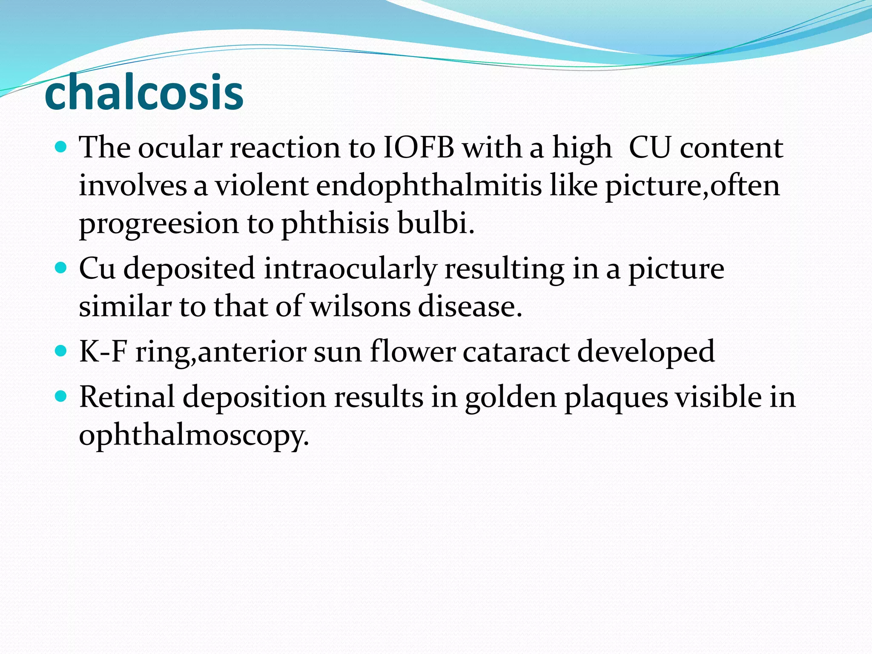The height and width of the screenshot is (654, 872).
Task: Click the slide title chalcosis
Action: pyautogui.click(x=144, y=92)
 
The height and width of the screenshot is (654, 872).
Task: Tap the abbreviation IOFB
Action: pyautogui.click(x=419, y=148)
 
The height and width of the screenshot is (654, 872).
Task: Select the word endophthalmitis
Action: pyautogui.click(x=429, y=186)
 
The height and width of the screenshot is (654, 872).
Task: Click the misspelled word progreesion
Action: pyautogui.click(x=159, y=224)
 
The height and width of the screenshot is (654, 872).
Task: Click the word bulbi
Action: pyautogui.click(x=436, y=224)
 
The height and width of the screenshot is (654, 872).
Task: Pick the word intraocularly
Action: pyautogui.click(x=350, y=269)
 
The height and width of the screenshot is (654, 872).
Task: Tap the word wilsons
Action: pyautogui.click(x=360, y=307)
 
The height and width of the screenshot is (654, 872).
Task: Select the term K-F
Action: pyautogui.click(x=103, y=352)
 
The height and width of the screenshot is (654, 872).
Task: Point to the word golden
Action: pyautogui.click(x=511, y=397)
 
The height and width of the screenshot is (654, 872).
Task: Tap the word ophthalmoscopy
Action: pyautogui.click(x=194, y=436)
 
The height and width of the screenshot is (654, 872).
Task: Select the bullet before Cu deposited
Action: pyautogui.click(x=62, y=268)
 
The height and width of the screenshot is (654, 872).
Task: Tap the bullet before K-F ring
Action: pyautogui.click(x=62, y=351)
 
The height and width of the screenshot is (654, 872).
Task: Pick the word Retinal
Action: pyautogui.click(x=127, y=397)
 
